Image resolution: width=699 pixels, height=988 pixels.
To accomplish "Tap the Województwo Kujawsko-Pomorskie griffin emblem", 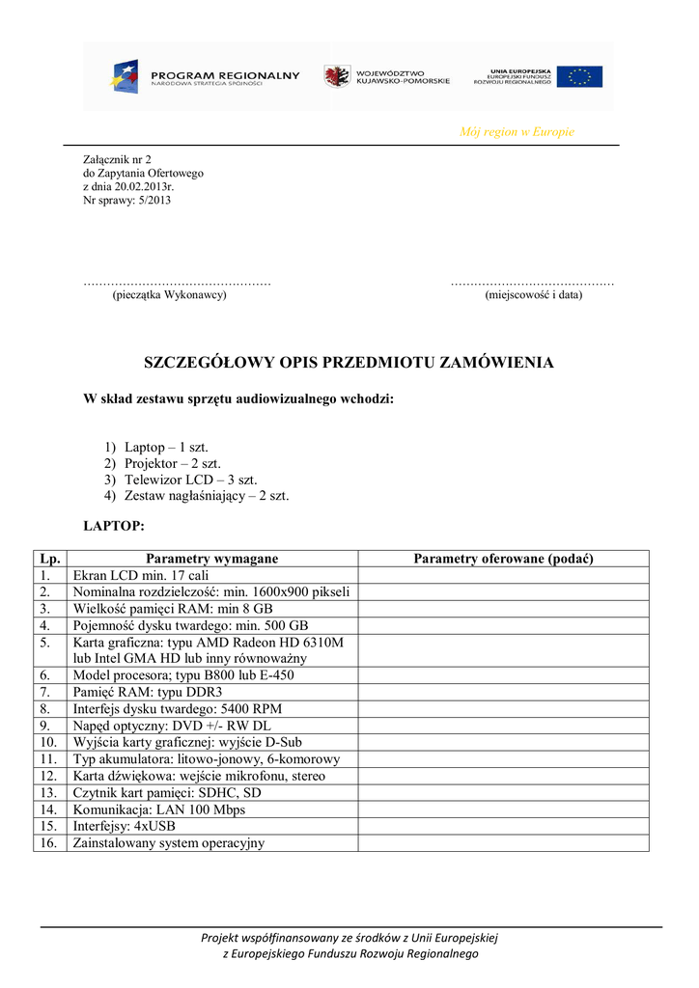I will pos(337,76).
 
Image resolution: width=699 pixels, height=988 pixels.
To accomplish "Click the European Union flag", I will pos(579,76).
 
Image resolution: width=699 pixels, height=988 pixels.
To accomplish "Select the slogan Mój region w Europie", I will pos(517,132).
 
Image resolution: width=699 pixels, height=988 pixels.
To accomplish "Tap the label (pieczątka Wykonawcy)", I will pos(170,295).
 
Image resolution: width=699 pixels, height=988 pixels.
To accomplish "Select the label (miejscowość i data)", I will pos(534,295).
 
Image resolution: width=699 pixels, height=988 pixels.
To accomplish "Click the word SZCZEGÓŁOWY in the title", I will pos(209,363).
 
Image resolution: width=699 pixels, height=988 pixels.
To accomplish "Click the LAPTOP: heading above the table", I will pos(114,526).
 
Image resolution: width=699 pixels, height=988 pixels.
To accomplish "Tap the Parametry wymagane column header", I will pos(211,559).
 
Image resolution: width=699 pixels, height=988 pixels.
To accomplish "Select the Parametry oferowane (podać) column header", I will pos(503,559).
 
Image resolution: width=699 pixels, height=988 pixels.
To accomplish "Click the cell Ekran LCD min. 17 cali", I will pos(141,576).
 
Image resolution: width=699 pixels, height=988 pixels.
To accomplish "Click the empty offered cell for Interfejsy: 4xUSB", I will pos(503,826).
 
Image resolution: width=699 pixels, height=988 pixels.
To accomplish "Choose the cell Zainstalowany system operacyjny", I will pos(169,842).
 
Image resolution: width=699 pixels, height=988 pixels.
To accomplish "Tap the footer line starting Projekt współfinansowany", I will pos(349,937).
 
